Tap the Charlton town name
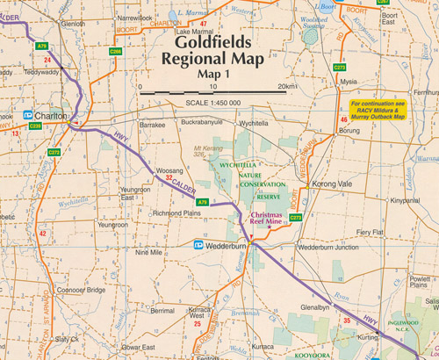point(50,115)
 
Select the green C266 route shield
point(115,52)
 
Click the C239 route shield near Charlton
point(35,126)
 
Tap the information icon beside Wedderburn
point(199,246)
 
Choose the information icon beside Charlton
point(28,115)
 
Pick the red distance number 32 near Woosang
point(169,178)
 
